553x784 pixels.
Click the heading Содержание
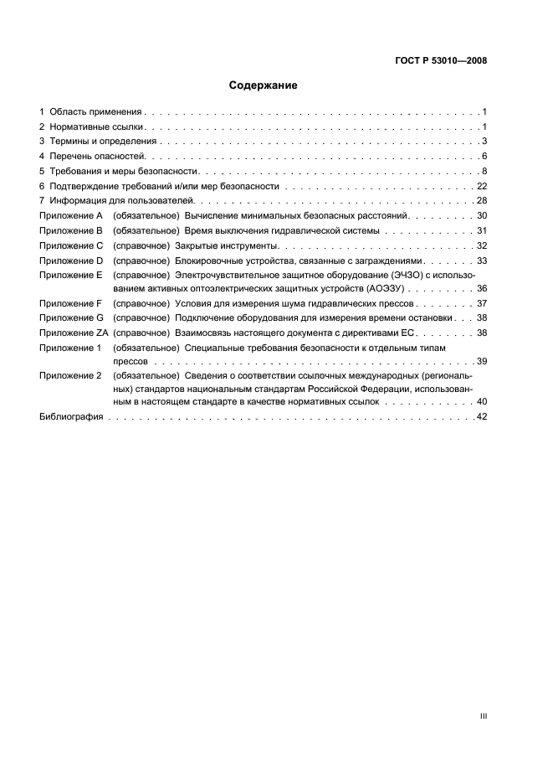tap(263, 85)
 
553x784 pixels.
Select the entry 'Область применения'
tap(96, 111)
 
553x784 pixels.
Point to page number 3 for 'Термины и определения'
tap(484, 142)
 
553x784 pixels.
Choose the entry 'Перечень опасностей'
tap(97, 157)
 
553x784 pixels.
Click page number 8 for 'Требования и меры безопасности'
tap(484, 172)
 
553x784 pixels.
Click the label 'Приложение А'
tap(70, 216)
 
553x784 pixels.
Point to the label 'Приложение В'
tap(70, 231)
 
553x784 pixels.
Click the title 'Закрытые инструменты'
tap(225, 246)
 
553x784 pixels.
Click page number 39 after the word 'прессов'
tap(481, 361)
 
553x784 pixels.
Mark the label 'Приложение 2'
tap(70, 376)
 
